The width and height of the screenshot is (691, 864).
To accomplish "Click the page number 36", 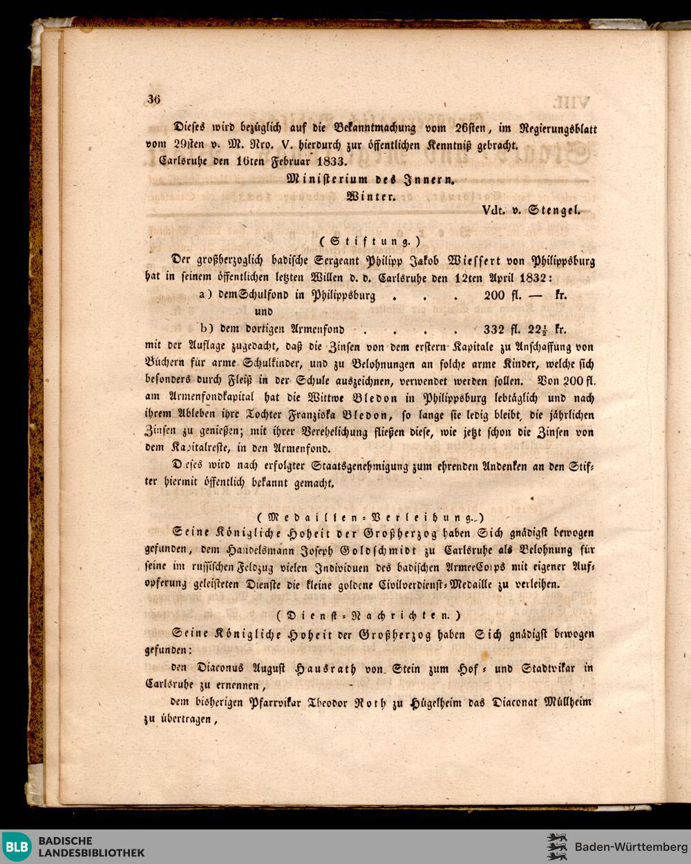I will point(153,99).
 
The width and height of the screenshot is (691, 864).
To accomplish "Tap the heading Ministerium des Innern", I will point(371,180).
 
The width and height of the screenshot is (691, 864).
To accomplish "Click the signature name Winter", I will point(370,196).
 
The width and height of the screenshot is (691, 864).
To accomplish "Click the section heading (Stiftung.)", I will point(370,242).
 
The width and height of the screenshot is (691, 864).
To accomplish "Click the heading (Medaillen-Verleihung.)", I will point(370,516).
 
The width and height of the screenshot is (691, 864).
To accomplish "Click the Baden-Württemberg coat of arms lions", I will point(556,847).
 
